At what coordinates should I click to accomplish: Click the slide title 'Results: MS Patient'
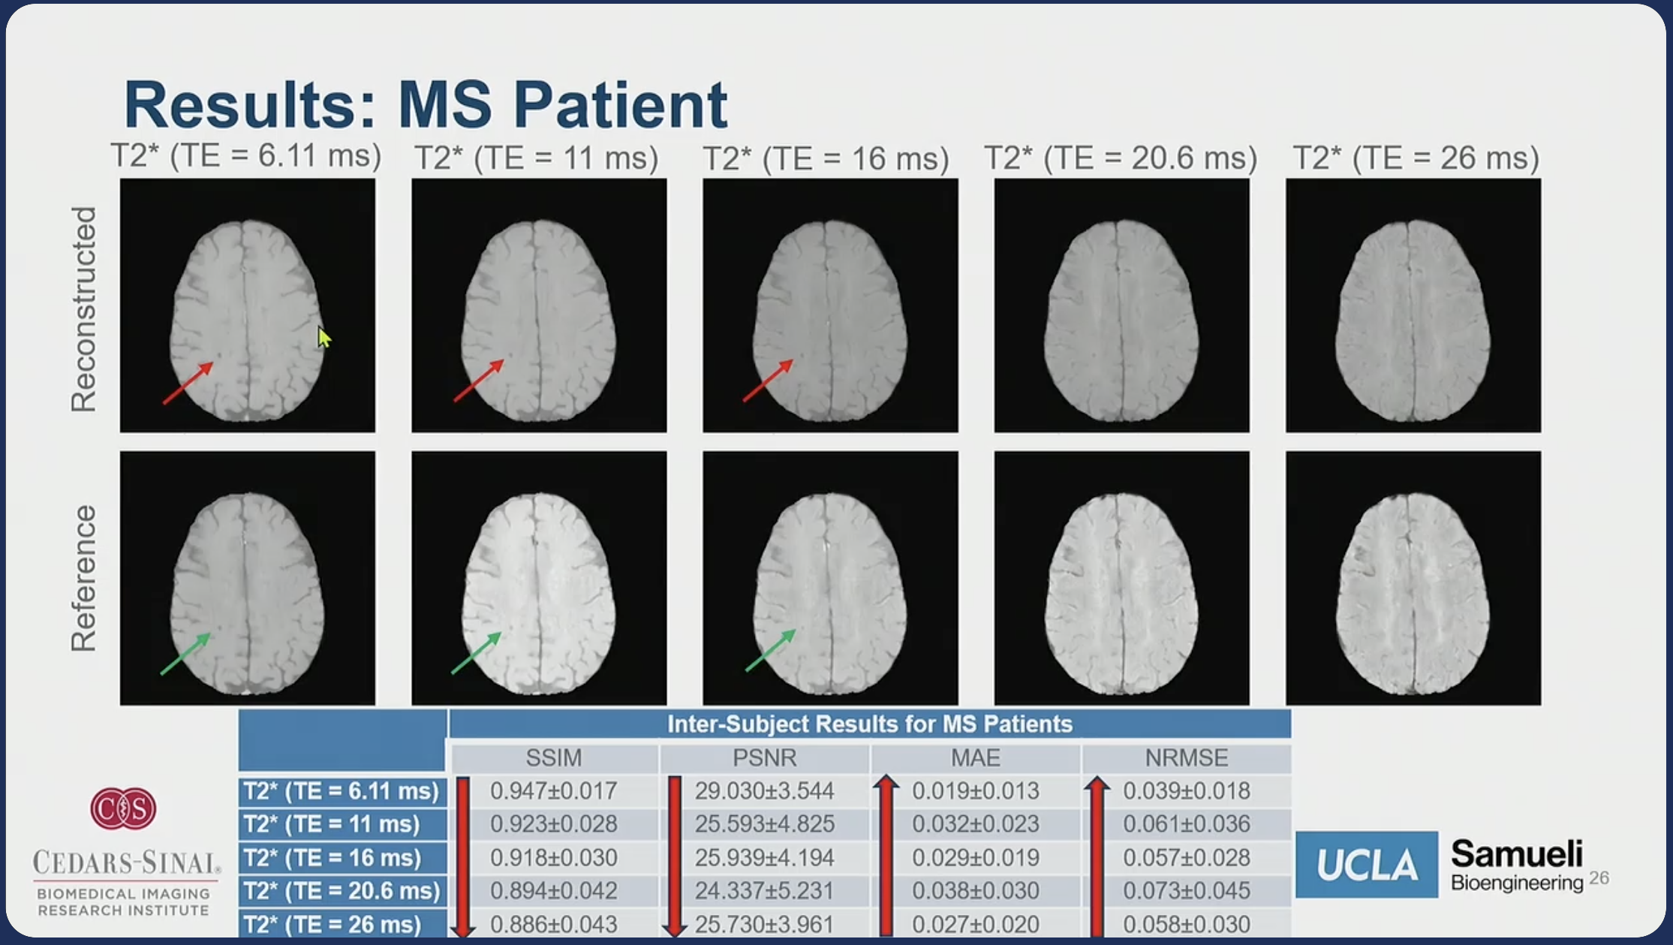point(426,104)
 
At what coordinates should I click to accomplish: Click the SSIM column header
point(554,758)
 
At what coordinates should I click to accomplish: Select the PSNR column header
point(764,758)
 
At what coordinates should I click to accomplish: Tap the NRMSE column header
point(1186,758)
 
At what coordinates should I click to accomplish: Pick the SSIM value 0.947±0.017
point(554,791)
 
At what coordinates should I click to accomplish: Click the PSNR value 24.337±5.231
point(764,891)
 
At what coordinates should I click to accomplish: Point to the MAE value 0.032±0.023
point(976,824)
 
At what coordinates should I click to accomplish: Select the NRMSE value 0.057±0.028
point(1186,858)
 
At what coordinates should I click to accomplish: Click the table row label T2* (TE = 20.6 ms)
point(342,891)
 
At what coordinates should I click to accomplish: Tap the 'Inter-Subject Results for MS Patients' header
point(869,724)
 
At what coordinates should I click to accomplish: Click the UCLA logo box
point(1367,865)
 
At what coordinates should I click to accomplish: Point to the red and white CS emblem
point(124,808)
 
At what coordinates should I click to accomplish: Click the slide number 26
point(1599,878)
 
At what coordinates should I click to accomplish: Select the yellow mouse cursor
point(323,337)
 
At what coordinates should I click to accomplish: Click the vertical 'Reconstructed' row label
point(83,309)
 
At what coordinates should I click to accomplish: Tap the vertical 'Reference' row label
point(83,578)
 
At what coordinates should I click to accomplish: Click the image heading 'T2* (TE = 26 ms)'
point(1416,158)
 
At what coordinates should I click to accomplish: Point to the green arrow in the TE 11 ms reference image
point(476,653)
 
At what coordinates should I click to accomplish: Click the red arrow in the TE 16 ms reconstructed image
point(767,381)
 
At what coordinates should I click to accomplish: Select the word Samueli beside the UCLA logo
point(1517,854)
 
